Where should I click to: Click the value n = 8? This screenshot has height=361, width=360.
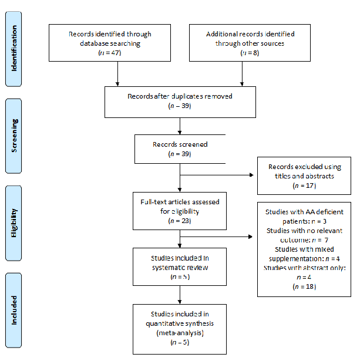pyautogui.click(x=243, y=53)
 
